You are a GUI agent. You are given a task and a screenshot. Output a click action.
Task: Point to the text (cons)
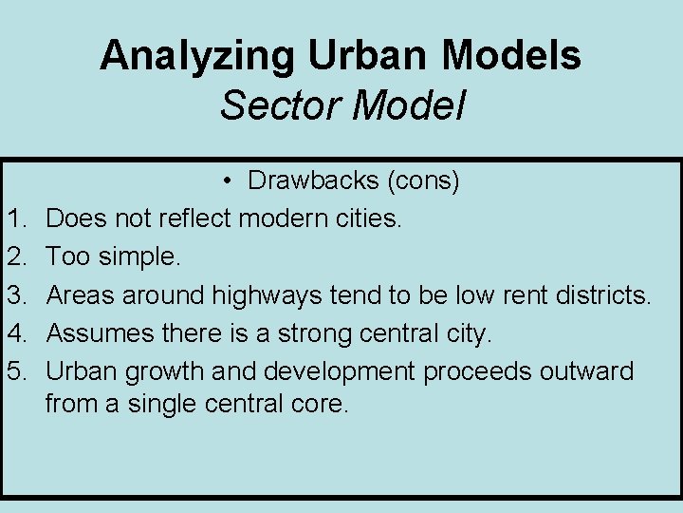click(x=422, y=180)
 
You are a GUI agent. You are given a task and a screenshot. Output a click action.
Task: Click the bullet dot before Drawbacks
click(x=231, y=180)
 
